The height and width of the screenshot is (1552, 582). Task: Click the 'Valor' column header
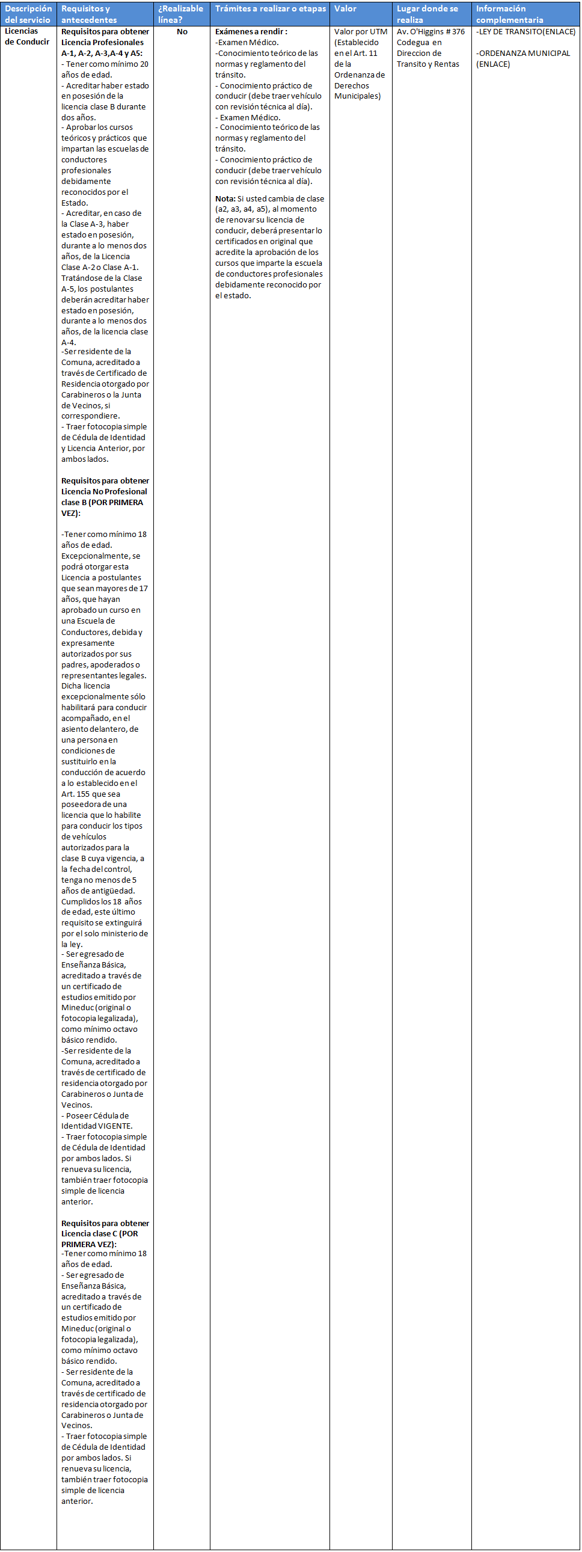pos(345,9)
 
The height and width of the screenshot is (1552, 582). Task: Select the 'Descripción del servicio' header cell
pos(28,14)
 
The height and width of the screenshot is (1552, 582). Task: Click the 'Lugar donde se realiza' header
pos(427,14)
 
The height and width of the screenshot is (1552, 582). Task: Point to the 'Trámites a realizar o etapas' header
pos(270,9)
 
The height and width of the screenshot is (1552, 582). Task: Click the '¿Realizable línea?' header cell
pos(180,14)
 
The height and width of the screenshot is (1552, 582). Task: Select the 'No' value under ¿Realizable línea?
pos(182,32)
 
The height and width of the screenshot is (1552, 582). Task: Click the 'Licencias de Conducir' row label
pos(27,37)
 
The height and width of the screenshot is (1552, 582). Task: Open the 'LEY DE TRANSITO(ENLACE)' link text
pos(525,32)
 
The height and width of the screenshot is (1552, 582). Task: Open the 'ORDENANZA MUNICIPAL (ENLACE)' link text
pos(522,58)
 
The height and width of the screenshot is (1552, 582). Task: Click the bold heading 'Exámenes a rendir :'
pos(251,32)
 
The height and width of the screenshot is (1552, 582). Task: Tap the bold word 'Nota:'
pos(225,199)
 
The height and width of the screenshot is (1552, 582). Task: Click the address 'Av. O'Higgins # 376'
pos(430,32)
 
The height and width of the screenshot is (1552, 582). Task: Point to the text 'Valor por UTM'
pos(360,32)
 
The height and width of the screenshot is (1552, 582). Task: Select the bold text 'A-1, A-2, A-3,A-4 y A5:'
pos(102,54)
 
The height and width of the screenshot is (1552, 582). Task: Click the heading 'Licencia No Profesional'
pos(103,492)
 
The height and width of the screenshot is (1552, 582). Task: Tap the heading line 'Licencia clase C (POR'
pos(99,1233)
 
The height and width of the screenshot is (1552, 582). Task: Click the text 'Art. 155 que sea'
pos(90,794)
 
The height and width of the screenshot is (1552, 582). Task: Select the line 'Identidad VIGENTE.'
pos(96,1126)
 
